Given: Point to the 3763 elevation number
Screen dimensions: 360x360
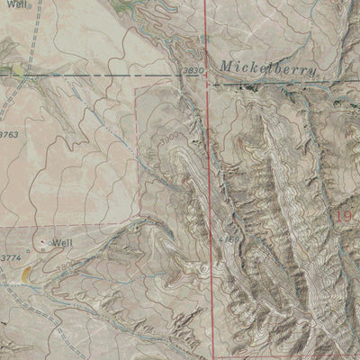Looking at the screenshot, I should [x=8, y=134].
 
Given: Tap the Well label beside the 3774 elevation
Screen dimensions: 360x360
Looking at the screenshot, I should [x=61, y=243].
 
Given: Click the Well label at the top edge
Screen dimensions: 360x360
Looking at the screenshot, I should [x=11, y=4].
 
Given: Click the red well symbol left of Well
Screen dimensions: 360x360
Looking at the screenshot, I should [x=44, y=243].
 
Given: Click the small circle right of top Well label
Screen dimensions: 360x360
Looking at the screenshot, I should [x=29, y=4].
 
